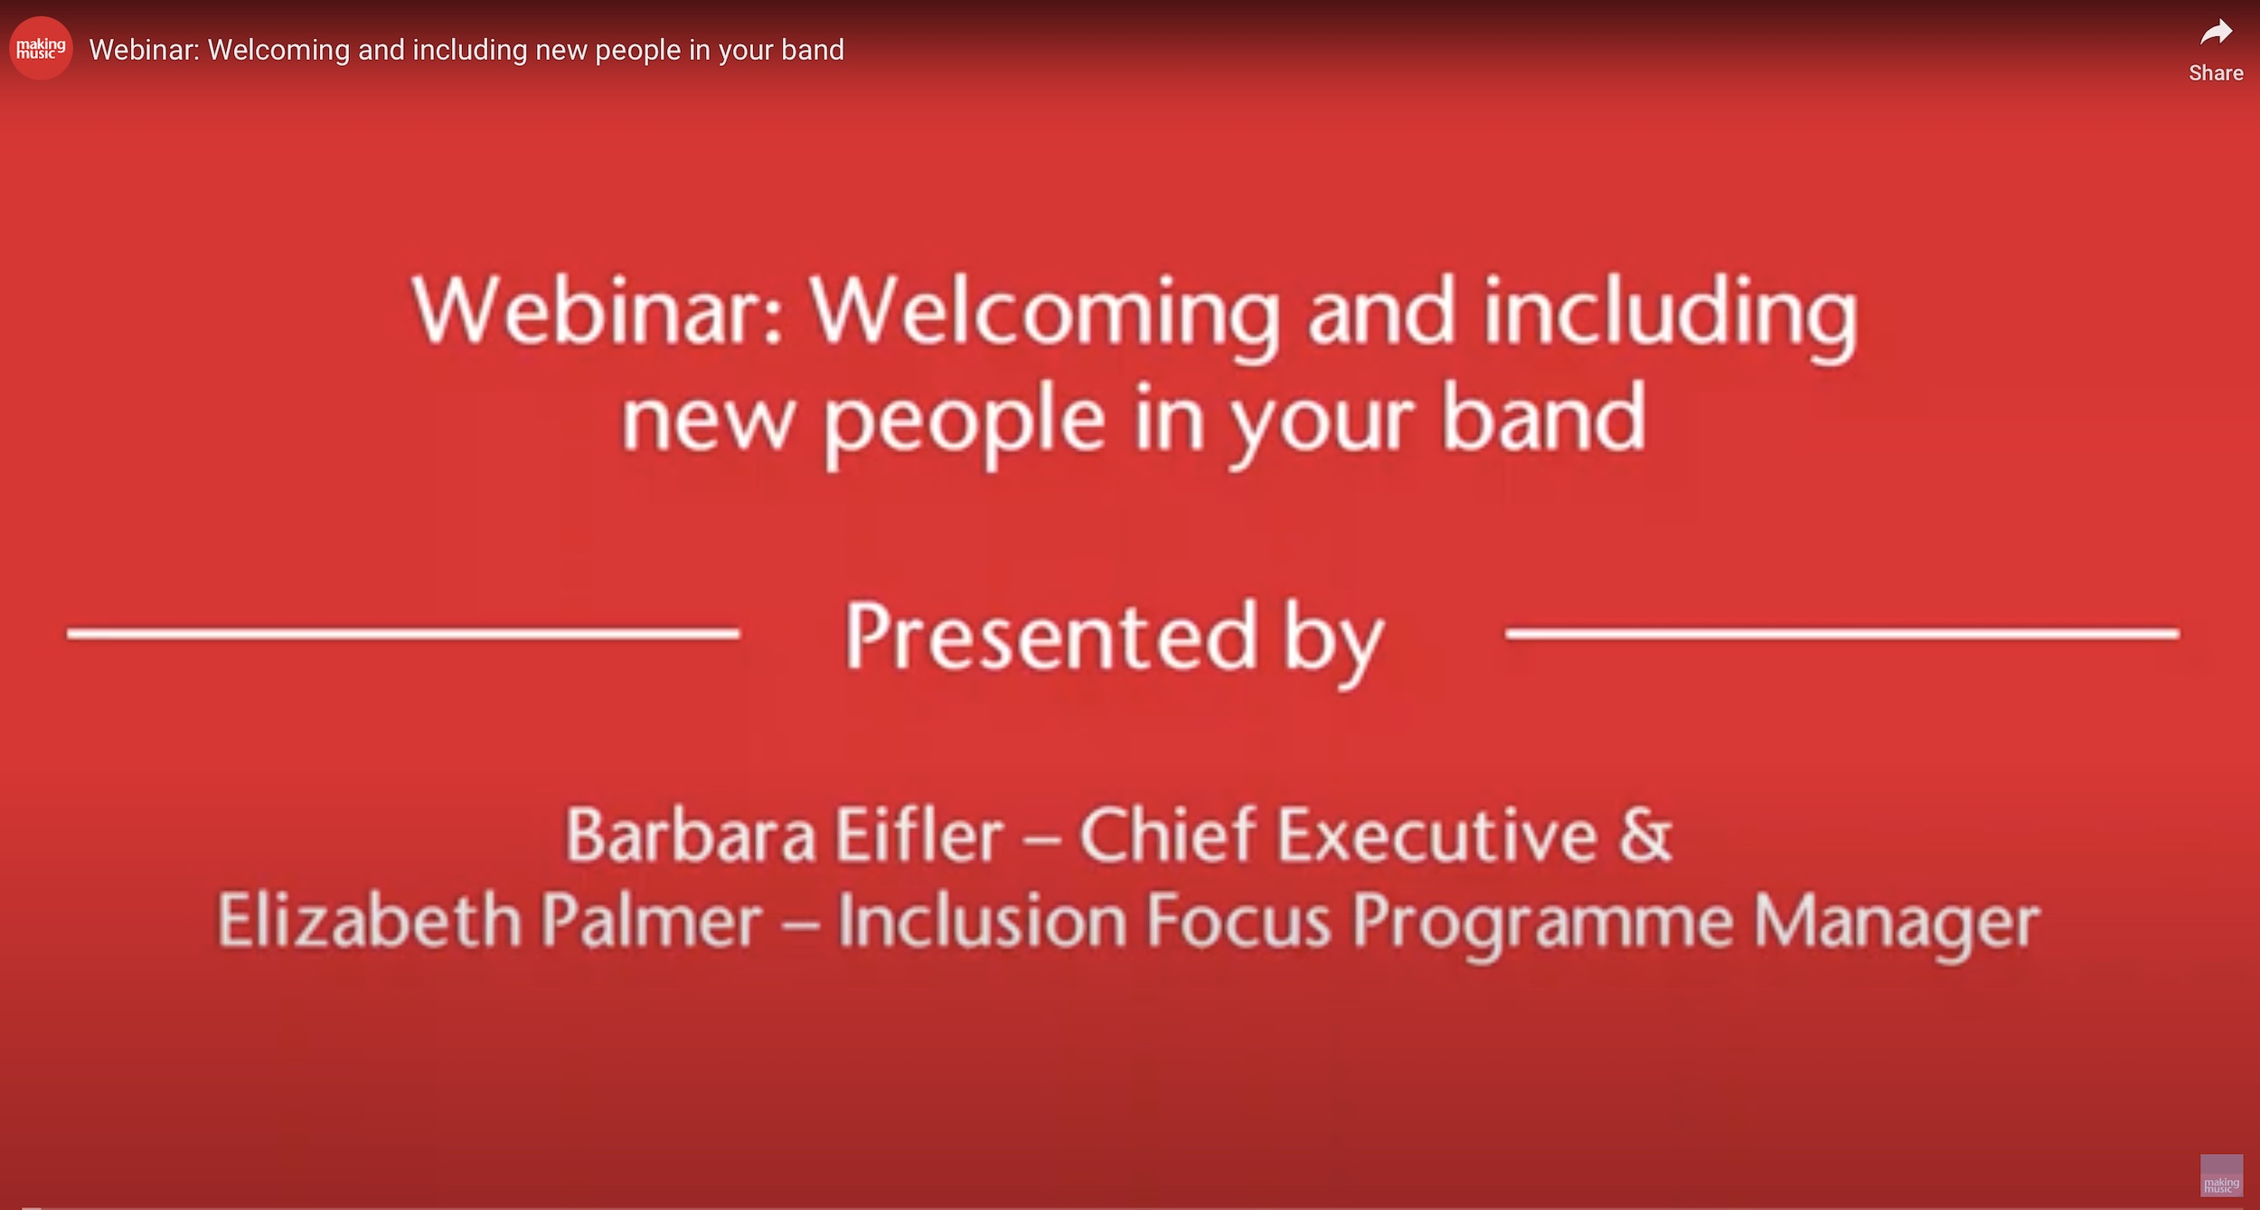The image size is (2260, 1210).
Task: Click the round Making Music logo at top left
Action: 41,48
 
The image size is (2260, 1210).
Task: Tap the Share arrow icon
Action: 2216,33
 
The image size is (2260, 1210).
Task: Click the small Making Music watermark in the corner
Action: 2221,1175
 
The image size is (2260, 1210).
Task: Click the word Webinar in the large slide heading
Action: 598,311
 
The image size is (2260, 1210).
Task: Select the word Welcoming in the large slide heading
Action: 1045,317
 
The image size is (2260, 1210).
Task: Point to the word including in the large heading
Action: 1671,317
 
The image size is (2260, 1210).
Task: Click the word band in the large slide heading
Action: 1543,417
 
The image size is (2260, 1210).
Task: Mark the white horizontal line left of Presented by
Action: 403,634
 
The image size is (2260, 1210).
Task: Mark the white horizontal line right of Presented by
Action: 1842,634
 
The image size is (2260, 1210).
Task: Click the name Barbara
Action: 691,835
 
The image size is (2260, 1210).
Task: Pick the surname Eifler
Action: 918,834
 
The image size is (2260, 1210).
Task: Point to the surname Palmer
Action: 652,921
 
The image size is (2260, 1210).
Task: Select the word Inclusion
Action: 982,921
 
